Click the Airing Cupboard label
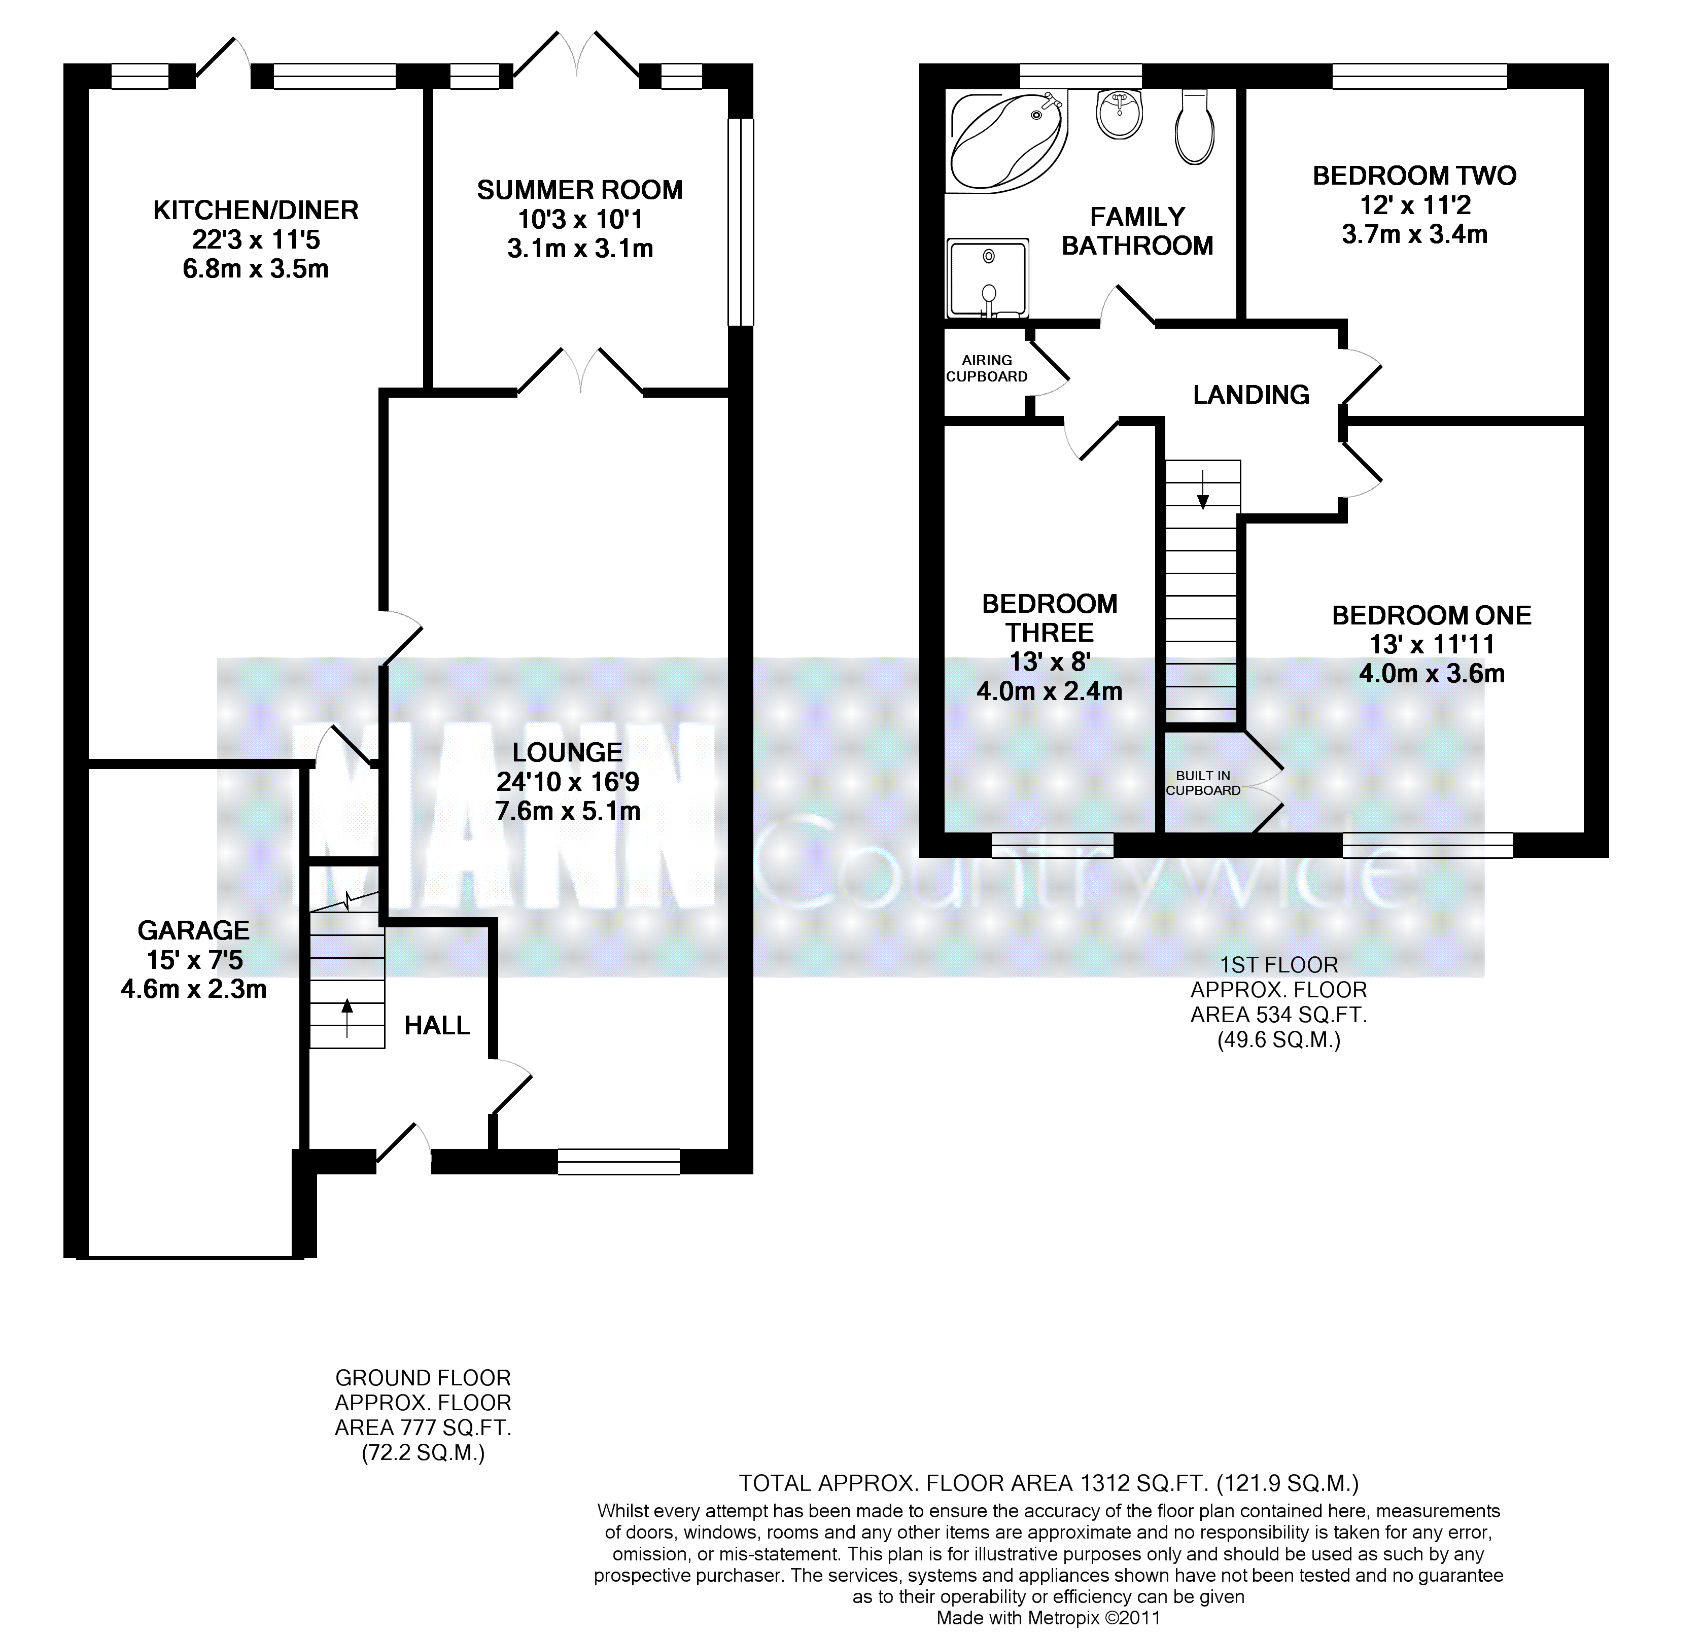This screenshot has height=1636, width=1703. point(987,368)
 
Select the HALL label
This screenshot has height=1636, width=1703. point(437,1026)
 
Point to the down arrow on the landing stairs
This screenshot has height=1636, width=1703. point(1203,489)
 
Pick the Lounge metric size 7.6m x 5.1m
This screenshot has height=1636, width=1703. point(568,812)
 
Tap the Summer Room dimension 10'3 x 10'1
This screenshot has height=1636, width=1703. point(580,219)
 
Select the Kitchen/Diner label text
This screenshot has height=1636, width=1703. point(256,210)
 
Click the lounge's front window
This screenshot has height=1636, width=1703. point(618,1162)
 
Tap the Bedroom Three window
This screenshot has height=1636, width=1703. point(1053,845)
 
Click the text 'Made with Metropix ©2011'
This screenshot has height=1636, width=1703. point(1048,1618)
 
